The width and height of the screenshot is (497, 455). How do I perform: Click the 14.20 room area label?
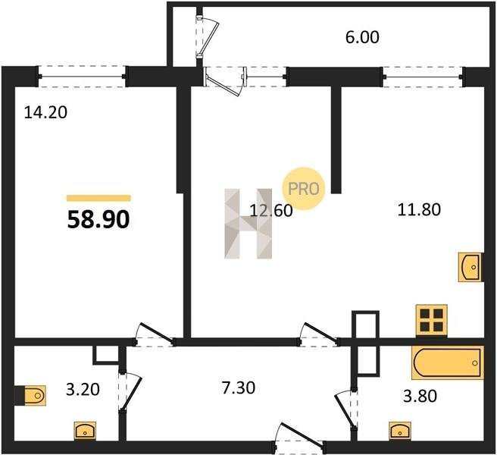click(x=45, y=113)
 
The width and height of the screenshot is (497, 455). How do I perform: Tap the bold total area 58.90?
click(x=98, y=220)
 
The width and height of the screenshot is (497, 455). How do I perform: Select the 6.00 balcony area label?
click(x=362, y=37)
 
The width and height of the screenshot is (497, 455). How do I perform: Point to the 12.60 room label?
click(x=271, y=211)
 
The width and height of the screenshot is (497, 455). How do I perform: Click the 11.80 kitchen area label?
click(x=419, y=210)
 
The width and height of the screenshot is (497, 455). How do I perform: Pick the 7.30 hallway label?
click(x=239, y=388)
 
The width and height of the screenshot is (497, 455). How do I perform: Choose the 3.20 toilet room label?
click(x=83, y=389)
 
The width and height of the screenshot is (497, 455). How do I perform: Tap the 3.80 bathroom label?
click(x=420, y=396)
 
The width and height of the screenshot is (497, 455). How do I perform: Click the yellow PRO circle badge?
click(x=303, y=189)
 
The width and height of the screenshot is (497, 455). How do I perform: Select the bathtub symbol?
click(x=448, y=362)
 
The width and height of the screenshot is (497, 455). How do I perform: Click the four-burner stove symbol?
click(x=432, y=320)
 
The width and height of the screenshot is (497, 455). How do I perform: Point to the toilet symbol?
click(x=32, y=395)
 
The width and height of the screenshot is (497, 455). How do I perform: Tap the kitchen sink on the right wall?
click(x=470, y=267)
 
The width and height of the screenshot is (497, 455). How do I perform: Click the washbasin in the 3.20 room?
click(x=85, y=431)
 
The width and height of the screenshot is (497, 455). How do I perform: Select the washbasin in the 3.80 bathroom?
click(x=400, y=431)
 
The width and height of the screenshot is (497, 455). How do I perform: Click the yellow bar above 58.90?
click(x=98, y=199)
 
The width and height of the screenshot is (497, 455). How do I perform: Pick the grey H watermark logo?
click(x=248, y=224)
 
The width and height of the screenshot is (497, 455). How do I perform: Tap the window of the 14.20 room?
click(x=82, y=77)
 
